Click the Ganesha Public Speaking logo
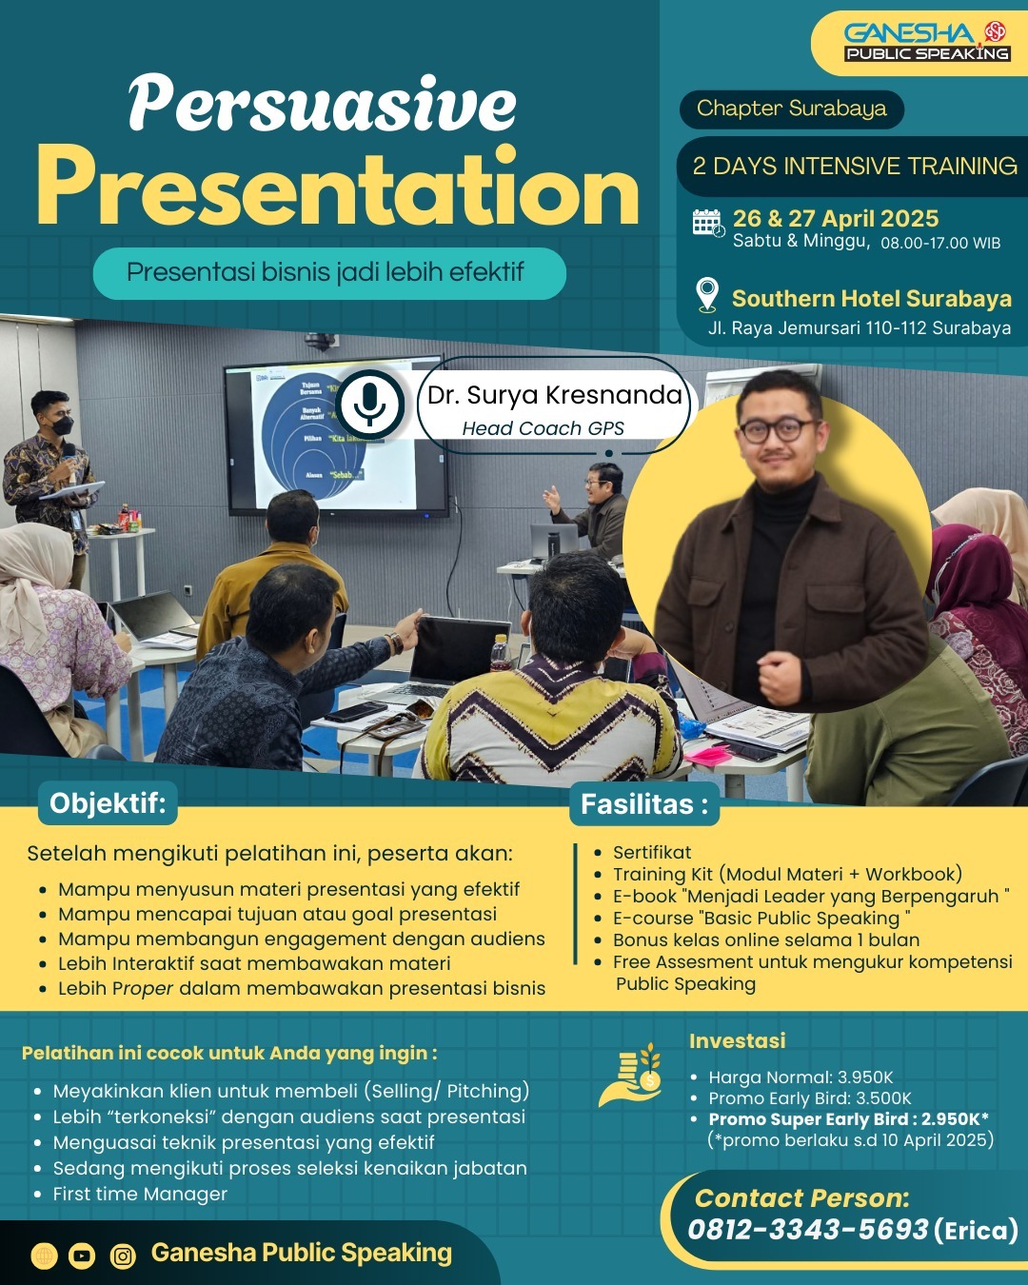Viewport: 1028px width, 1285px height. tap(926, 42)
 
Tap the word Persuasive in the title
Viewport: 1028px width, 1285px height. tap(323, 103)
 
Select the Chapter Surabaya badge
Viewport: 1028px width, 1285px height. tap(791, 109)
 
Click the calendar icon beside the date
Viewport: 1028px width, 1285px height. tap(708, 224)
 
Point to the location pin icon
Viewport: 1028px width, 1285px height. tap(707, 295)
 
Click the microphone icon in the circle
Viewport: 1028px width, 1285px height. tap(369, 405)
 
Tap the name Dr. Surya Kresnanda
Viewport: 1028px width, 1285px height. tap(554, 395)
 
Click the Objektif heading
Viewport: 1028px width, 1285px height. tap(108, 803)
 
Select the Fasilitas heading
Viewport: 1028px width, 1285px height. tap(644, 804)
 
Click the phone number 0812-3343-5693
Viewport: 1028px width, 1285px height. tap(807, 1229)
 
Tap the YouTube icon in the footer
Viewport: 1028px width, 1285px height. tap(82, 1255)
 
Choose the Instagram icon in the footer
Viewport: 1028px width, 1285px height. tap(123, 1255)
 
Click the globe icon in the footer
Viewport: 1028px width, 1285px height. tap(44, 1255)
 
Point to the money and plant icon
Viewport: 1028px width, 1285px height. tap(631, 1075)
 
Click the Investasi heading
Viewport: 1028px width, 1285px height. tap(737, 1040)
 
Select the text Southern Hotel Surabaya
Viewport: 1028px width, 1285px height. tap(872, 299)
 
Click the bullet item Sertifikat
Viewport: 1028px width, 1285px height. tap(652, 852)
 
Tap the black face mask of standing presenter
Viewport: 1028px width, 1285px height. tap(61, 425)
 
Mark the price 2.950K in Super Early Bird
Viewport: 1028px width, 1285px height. tap(950, 1119)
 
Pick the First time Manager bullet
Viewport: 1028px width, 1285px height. tap(140, 1194)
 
